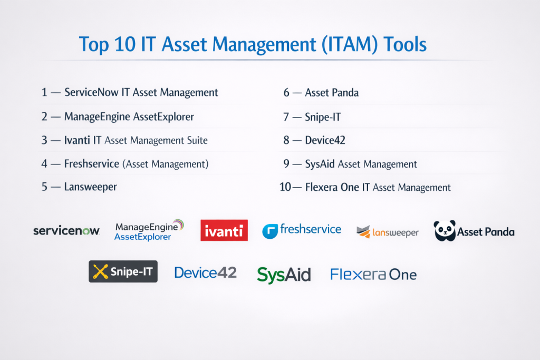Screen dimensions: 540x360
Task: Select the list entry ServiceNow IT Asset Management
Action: (x=141, y=93)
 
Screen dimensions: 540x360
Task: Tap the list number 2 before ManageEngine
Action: (x=44, y=116)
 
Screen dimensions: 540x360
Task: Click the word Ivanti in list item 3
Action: (x=77, y=140)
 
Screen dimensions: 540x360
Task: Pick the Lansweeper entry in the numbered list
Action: (x=91, y=187)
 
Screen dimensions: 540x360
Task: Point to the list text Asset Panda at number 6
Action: (x=332, y=93)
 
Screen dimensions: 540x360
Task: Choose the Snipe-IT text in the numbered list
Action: (x=323, y=117)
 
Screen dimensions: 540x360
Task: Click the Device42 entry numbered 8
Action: (x=325, y=140)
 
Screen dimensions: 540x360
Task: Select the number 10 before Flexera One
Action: (x=285, y=187)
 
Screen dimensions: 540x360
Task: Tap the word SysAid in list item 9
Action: (x=320, y=164)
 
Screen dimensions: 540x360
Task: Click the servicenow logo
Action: (x=66, y=230)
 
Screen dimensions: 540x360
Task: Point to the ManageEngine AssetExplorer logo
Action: (x=149, y=230)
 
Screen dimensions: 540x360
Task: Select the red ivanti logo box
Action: (x=224, y=230)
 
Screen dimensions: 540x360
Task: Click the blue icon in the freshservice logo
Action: (x=270, y=231)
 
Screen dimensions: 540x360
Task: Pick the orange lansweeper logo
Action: (x=388, y=232)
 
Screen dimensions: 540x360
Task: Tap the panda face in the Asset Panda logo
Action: (x=445, y=230)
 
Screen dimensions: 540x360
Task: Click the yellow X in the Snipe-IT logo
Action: (x=100, y=271)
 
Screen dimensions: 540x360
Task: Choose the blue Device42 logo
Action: (x=206, y=273)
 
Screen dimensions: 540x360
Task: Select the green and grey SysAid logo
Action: (x=284, y=275)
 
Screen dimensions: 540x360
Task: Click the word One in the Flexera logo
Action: (x=403, y=275)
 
